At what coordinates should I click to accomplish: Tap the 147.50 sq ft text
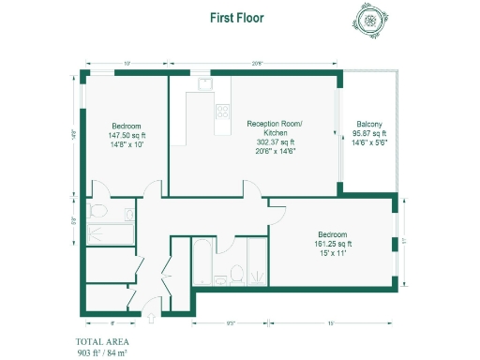coord(127,135)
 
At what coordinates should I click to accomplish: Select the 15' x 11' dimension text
coord(332,253)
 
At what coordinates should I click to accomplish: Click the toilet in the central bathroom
coord(237,275)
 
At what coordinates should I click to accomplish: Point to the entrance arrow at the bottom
coord(147,313)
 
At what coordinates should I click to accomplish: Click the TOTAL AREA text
coord(102,341)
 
